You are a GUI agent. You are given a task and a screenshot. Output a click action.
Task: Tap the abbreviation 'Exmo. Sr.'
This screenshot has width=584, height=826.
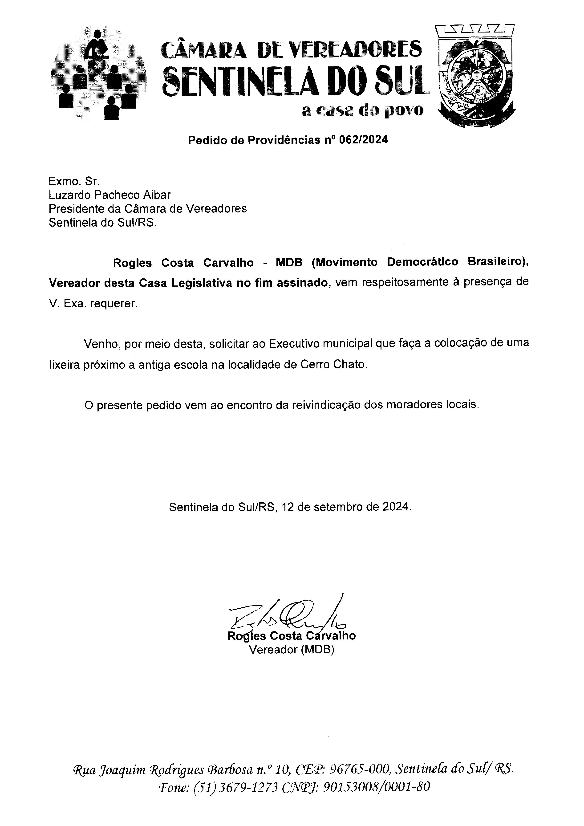click(71, 181)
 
